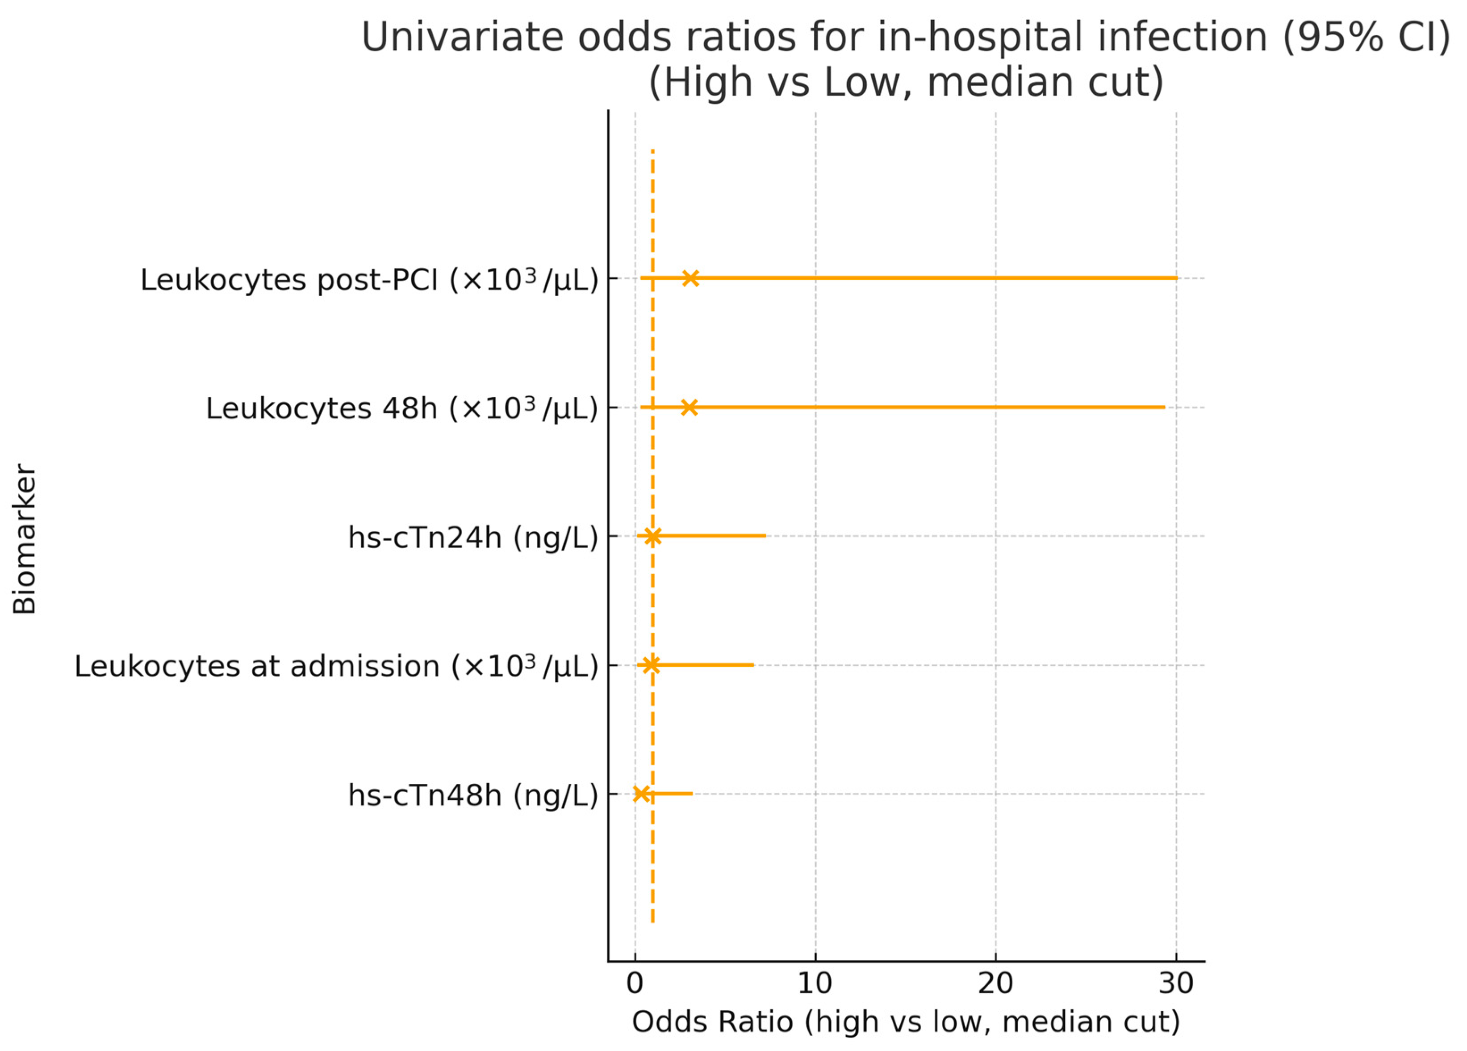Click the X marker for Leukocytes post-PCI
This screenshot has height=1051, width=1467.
690,278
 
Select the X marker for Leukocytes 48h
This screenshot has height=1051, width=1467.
689,407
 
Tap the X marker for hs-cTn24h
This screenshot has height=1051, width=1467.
652,536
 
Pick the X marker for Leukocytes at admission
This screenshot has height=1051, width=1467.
651,664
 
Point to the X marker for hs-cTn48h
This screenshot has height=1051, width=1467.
640,794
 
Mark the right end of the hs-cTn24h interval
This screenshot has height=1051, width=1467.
765,536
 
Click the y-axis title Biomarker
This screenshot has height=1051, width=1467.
25,538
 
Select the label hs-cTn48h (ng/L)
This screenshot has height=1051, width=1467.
473,795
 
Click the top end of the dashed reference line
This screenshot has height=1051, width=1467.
652,151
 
